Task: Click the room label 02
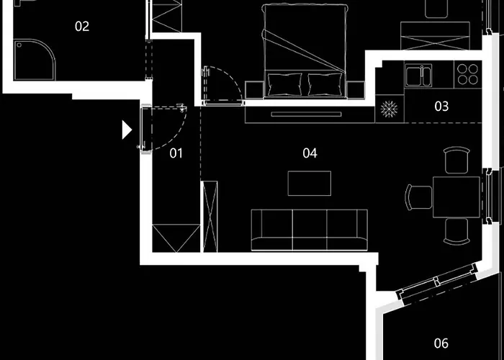coord(82,27)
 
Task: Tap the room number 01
coord(176,153)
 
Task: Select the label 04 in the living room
coord(310,153)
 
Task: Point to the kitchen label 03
coord(441,107)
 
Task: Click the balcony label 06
coord(441,343)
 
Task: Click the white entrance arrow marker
coord(127,130)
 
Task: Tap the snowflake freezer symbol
coord(390,110)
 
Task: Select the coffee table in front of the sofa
coord(310,183)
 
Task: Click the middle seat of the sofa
coord(310,230)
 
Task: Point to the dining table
coord(455,195)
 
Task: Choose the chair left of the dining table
coord(418,196)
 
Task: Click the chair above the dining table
coord(455,159)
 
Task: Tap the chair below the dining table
coord(455,231)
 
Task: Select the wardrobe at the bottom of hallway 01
coord(175,238)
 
